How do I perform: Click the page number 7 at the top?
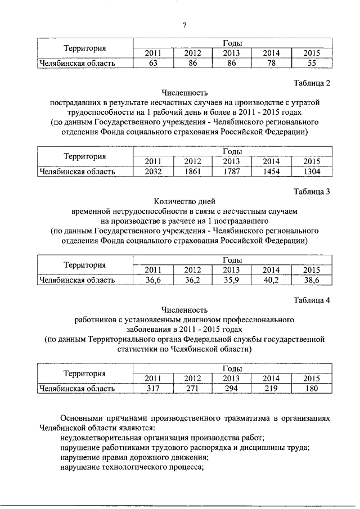(x=184, y=24)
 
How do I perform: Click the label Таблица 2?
(x=312, y=83)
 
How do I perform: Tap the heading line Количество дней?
(x=184, y=201)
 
